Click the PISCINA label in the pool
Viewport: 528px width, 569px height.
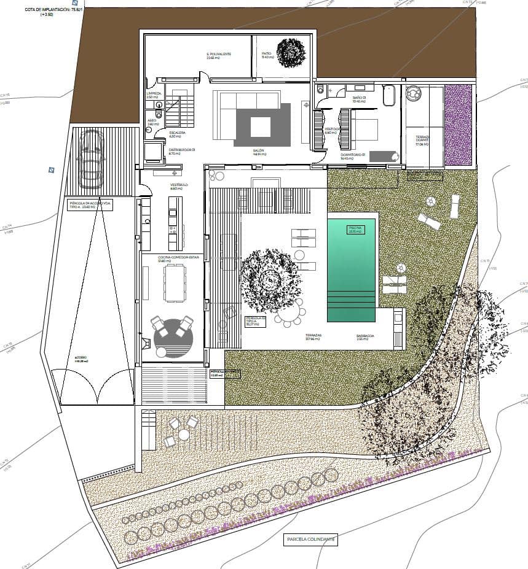coord(356,230)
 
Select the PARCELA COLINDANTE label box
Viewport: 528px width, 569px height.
coord(310,539)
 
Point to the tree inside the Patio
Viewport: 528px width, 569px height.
coord(290,53)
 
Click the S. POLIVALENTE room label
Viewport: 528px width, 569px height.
coord(218,55)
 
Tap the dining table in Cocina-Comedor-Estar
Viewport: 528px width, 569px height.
coord(175,284)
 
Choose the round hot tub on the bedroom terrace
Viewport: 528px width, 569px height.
coord(413,93)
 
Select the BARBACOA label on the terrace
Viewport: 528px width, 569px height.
coord(364,336)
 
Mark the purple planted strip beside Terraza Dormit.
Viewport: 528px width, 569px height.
coord(458,125)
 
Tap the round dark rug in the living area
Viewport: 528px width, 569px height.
coord(173,338)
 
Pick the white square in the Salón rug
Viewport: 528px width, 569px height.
coord(261,127)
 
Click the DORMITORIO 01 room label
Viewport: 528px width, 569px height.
coord(353,156)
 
